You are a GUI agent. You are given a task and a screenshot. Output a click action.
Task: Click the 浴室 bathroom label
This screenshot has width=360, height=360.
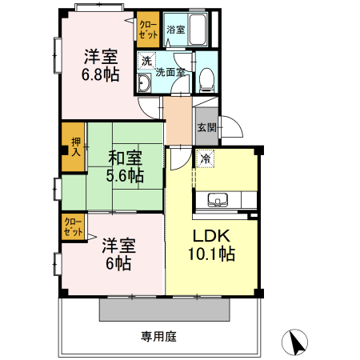(175, 30)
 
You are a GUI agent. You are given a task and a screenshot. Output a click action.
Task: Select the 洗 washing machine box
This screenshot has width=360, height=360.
(146, 60)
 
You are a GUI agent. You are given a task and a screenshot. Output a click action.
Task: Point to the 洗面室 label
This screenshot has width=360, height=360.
(170, 72)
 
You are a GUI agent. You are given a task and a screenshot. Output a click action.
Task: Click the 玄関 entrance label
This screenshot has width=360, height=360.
(206, 126)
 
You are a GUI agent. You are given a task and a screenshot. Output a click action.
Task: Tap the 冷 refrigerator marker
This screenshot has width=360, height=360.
(206, 158)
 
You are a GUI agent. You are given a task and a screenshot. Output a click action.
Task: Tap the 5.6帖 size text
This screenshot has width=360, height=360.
(126, 174)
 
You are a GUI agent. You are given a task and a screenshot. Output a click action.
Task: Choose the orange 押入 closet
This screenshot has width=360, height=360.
(74, 146)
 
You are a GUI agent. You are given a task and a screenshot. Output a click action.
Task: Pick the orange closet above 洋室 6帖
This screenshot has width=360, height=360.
(73, 226)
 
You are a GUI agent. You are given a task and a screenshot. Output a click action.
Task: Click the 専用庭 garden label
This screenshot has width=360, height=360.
(158, 336)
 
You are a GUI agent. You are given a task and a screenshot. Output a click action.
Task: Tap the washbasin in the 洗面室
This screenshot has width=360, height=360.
(145, 86)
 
